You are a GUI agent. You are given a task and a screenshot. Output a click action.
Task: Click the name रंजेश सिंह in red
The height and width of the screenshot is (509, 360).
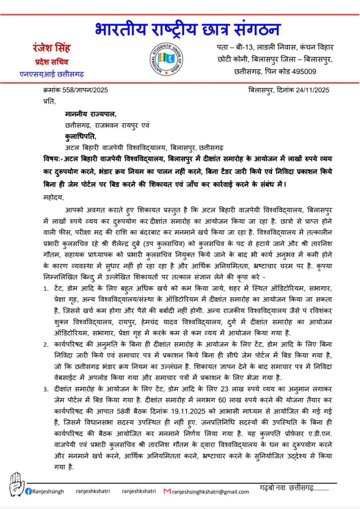(52, 48)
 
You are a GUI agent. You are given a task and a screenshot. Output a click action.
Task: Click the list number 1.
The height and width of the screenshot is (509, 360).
(45, 288)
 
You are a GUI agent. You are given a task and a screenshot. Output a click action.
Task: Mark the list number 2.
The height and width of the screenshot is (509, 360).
(45, 343)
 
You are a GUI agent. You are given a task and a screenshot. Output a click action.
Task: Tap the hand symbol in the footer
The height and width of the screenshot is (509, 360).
(15, 484)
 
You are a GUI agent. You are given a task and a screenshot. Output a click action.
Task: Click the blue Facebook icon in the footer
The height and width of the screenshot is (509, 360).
(29, 491)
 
